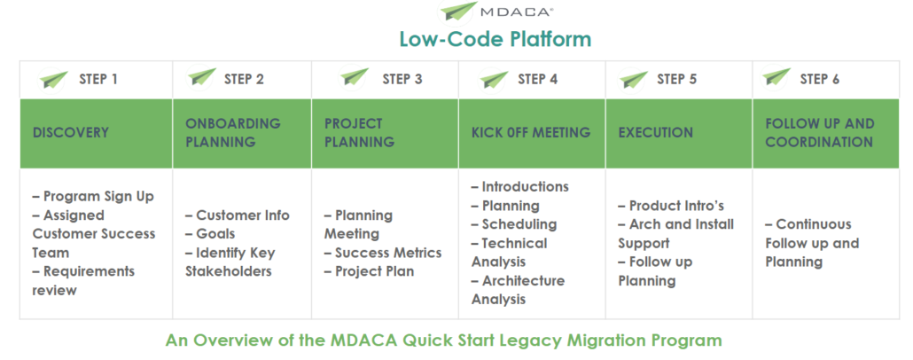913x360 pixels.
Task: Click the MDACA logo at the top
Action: click(x=496, y=11)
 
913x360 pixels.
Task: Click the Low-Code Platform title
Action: click(x=496, y=39)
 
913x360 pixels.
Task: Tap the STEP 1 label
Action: click(x=98, y=79)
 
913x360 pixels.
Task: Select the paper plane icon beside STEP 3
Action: click(x=355, y=78)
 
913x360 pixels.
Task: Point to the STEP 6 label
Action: click(x=820, y=79)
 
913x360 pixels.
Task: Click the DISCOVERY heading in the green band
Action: click(x=70, y=133)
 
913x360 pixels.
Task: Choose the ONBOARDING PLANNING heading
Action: click(x=233, y=133)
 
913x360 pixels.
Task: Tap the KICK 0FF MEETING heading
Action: click(x=531, y=133)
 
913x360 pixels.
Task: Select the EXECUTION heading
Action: click(x=656, y=133)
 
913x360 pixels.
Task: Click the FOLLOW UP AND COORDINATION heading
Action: click(x=820, y=133)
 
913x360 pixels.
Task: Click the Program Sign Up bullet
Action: click(x=93, y=196)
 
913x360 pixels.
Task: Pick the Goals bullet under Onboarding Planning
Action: click(x=210, y=234)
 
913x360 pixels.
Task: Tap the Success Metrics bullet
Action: click(x=383, y=253)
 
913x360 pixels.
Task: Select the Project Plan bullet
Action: click(x=369, y=271)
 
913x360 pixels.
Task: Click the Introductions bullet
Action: click(x=520, y=187)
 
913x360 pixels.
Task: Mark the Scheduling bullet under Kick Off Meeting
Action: click(x=514, y=224)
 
